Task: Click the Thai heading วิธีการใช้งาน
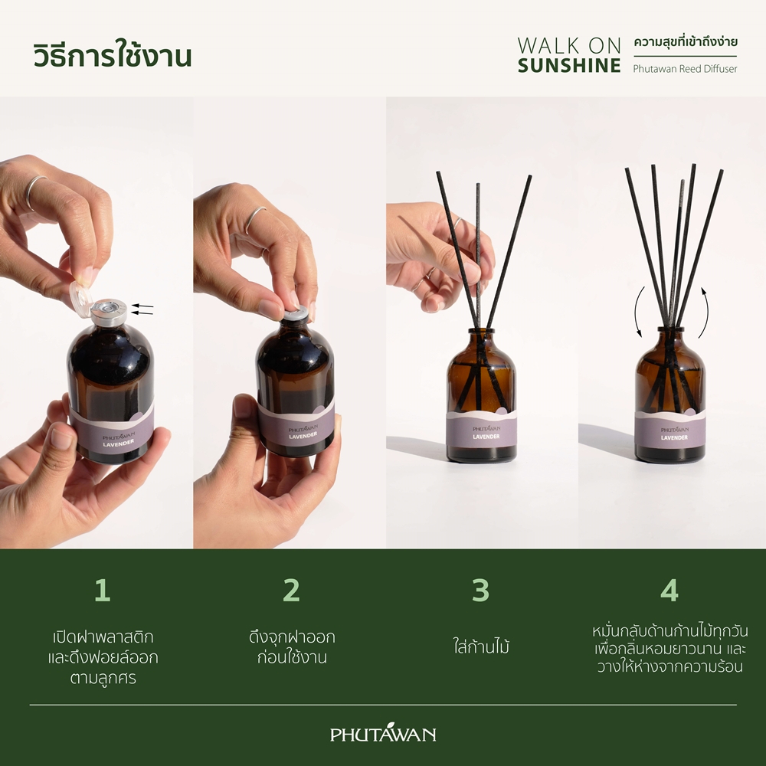click(x=113, y=55)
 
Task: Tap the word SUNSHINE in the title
click(x=569, y=65)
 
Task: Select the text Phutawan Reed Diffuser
click(x=685, y=69)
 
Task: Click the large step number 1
click(x=102, y=590)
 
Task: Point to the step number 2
click(x=291, y=590)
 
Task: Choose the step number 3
click(x=480, y=590)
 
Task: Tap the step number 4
click(x=669, y=590)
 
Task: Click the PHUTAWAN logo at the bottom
click(x=383, y=733)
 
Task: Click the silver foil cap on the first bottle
click(x=109, y=313)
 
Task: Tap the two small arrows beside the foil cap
click(x=142, y=309)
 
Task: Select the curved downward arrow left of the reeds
click(x=638, y=313)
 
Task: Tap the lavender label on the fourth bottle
click(x=670, y=433)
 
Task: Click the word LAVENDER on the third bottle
click(x=486, y=437)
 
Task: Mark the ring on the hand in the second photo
click(x=256, y=219)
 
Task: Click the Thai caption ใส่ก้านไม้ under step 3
click(x=481, y=647)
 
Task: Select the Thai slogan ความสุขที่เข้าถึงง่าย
click(x=686, y=42)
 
